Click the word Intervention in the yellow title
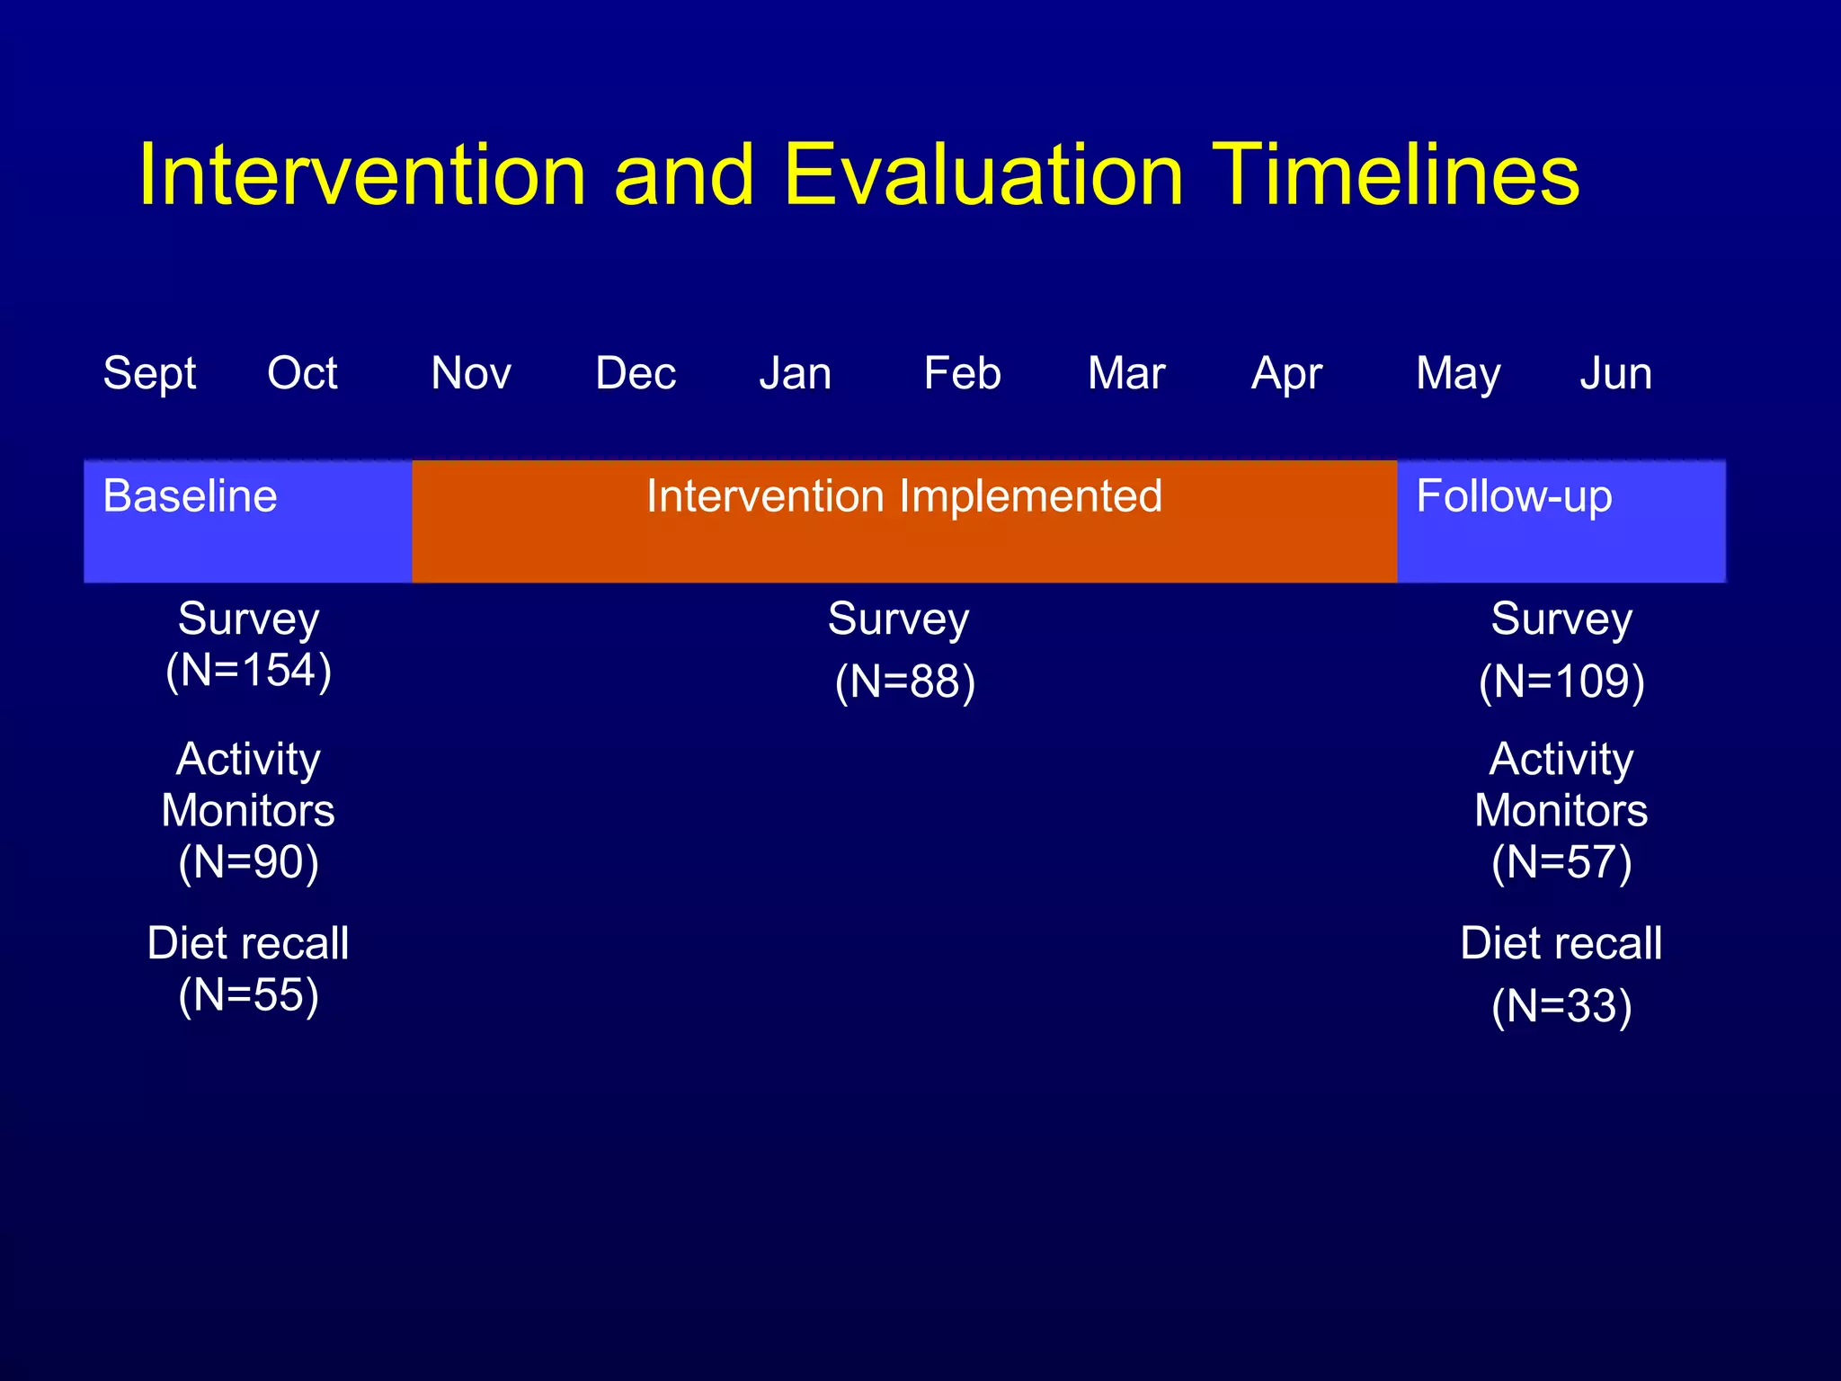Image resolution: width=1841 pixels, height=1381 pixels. [362, 174]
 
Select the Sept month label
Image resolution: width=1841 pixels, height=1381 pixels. [149, 374]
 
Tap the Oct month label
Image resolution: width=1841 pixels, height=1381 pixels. [302, 373]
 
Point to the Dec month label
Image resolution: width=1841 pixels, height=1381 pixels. [636, 373]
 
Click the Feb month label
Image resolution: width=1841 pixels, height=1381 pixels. [962, 373]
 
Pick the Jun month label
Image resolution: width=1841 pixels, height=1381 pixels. [1615, 373]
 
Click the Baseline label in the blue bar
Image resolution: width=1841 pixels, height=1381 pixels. [190, 496]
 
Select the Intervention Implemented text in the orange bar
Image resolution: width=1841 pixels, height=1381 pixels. [904, 496]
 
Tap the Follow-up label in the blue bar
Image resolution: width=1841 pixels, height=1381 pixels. [1514, 497]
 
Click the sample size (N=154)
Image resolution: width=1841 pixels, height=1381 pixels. [249, 671]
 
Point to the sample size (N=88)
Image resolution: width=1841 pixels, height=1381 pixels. [904, 682]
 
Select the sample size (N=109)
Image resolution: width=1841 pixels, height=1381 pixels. [1561, 682]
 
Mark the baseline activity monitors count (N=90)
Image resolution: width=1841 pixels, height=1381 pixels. [249, 863]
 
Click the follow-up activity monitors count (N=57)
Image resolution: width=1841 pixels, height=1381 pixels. [1561, 863]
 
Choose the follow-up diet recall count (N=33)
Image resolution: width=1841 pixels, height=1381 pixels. [1561, 1007]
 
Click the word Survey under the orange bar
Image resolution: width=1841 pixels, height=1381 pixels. [898, 619]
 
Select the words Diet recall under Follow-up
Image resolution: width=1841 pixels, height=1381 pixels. [1561, 944]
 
